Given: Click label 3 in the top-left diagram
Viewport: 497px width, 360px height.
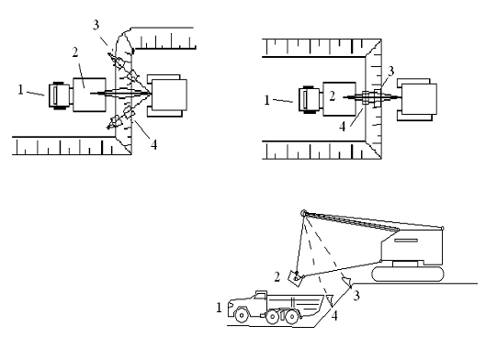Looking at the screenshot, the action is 96,25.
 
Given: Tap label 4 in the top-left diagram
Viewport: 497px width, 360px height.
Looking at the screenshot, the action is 153,145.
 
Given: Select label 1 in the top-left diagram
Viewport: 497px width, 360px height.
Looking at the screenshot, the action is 21,90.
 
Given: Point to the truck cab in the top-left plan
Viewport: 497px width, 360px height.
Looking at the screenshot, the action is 60,96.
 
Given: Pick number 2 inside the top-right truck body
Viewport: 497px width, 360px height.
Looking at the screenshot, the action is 332,96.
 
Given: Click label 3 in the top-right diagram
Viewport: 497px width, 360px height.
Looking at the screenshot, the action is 390,72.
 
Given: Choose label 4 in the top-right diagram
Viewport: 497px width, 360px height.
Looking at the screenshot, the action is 343,127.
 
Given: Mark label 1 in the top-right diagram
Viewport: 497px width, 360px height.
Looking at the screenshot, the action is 267,100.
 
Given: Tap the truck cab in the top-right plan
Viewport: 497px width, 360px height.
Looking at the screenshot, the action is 310,99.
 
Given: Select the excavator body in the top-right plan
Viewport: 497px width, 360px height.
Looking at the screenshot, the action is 417,99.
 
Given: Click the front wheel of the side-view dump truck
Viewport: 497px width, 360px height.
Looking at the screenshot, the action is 242,315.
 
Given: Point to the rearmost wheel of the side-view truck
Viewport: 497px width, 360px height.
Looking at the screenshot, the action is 291,317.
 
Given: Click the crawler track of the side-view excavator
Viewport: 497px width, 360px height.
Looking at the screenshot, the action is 408,274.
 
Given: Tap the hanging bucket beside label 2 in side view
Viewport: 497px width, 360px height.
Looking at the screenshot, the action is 296,278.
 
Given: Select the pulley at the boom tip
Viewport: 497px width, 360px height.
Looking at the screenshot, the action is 303,213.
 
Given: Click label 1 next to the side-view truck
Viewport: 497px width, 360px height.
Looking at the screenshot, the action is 219,308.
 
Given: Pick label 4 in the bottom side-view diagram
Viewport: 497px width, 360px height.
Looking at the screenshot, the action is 334,316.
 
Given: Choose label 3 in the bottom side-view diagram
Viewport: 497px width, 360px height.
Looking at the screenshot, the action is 356,296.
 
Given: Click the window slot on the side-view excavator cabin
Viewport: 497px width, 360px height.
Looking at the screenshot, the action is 406,241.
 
